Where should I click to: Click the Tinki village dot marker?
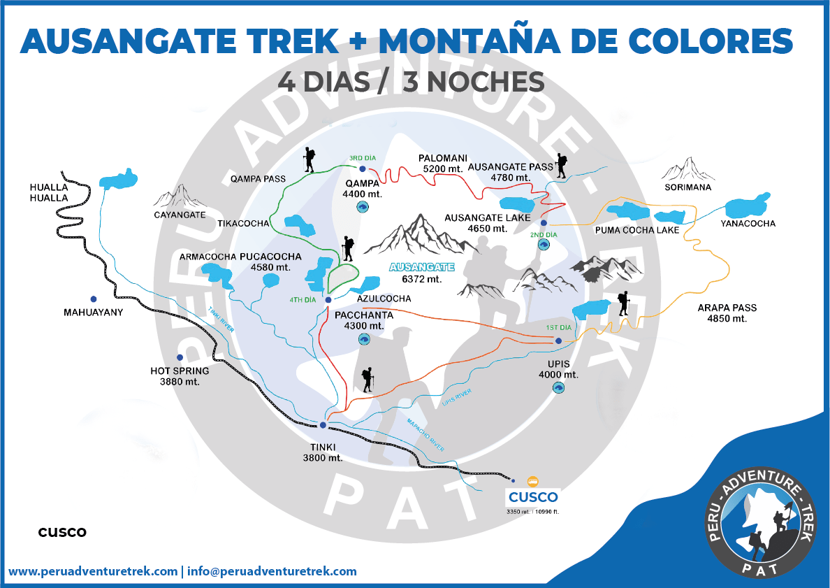point(323,424)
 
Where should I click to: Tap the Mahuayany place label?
point(93,313)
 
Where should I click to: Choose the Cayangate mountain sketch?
point(180,196)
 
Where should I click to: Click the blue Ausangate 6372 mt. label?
point(421,267)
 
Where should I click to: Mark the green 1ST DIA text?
point(558,328)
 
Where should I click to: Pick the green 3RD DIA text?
point(362,158)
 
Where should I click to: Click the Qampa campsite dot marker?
point(362,168)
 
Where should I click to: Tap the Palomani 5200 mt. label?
point(443,163)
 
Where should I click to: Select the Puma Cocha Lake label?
point(636,230)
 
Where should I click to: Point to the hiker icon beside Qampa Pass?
point(309,160)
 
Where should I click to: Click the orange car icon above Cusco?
point(533,481)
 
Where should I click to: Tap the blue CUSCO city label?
point(533,497)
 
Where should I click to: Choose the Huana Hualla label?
point(49,192)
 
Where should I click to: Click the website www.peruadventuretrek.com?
point(93,571)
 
